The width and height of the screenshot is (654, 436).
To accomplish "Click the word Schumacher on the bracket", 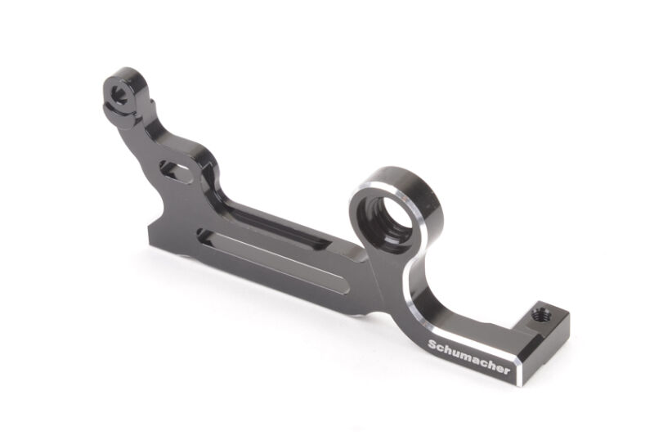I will click(469, 357).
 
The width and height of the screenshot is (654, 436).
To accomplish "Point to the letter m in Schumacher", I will click(466, 357).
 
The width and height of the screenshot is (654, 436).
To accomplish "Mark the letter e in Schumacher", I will click(499, 368).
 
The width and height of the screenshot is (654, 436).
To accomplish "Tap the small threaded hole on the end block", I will click(540, 315).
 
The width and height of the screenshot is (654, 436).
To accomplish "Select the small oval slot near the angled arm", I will click(176, 171).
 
